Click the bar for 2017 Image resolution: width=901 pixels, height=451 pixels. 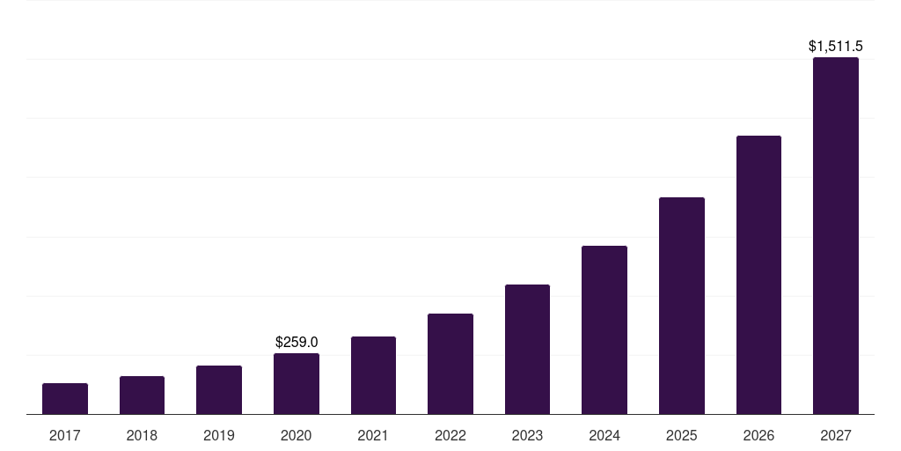(65, 399)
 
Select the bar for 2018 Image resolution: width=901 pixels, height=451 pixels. (142, 396)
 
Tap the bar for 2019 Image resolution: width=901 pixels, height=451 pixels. (219, 390)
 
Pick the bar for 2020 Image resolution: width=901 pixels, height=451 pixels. (297, 384)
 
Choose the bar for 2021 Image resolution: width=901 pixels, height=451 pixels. (373, 375)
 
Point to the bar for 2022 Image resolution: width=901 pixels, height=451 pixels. (450, 364)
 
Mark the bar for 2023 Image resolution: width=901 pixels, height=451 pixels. (527, 350)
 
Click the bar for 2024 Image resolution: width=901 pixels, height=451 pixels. (604, 330)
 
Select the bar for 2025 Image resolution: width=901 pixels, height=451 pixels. (682, 306)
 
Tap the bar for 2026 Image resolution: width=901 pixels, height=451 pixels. (758, 275)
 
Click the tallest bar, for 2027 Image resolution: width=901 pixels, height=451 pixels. (836, 236)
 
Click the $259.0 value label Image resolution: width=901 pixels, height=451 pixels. (297, 342)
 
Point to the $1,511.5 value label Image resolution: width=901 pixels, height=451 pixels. (836, 46)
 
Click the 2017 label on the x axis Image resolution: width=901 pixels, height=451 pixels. (65, 435)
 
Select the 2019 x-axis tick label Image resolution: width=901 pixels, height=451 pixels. (219, 435)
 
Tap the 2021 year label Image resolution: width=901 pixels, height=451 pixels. (373, 435)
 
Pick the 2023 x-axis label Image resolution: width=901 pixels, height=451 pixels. (527, 435)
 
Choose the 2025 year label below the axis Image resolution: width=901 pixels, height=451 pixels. (682, 435)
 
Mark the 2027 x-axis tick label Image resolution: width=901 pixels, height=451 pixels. (836, 435)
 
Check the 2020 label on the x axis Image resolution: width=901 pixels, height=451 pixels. (297, 435)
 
